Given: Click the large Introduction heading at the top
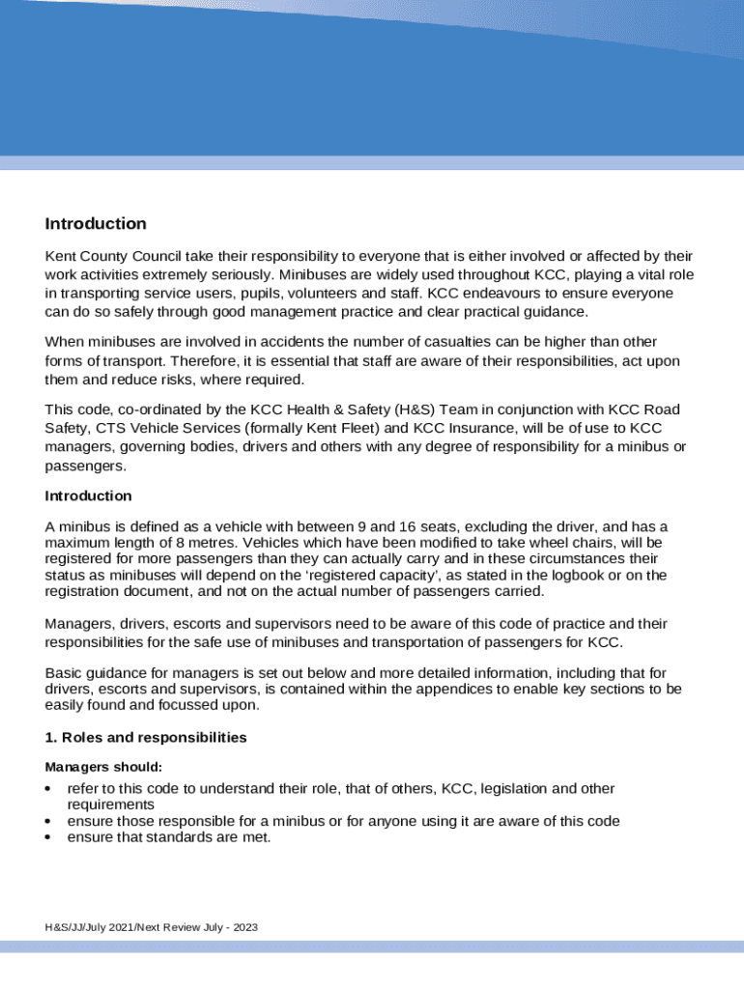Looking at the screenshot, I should (x=96, y=224).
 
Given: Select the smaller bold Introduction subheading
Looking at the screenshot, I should (x=88, y=495).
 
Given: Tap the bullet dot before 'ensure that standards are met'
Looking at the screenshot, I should (x=49, y=837).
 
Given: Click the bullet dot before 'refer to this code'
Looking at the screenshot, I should (x=49, y=789).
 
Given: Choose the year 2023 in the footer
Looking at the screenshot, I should (x=244, y=928).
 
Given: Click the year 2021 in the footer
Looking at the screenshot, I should (x=119, y=928).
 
